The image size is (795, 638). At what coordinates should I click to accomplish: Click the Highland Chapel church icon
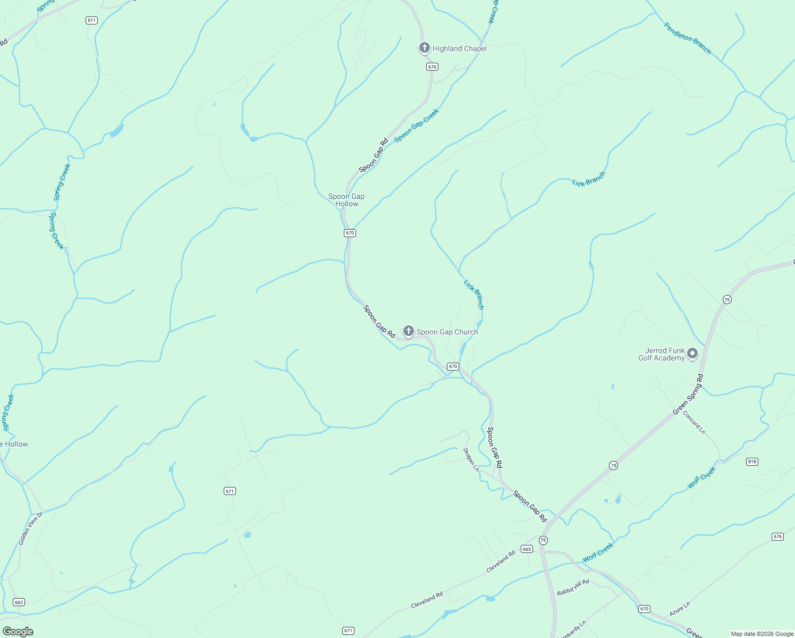[x=424, y=48]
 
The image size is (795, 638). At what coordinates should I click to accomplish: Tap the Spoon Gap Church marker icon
[x=408, y=331]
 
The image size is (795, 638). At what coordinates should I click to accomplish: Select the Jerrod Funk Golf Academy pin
[x=692, y=354]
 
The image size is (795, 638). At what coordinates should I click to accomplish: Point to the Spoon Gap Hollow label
[x=346, y=200]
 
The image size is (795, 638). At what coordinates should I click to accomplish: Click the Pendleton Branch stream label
[x=687, y=38]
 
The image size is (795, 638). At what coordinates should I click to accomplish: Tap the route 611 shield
[x=91, y=20]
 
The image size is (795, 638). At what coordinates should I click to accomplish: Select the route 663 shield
[x=19, y=602]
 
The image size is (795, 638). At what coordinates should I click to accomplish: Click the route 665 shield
[x=527, y=549]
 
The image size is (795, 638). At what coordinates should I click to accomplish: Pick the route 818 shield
[x=752, y=461]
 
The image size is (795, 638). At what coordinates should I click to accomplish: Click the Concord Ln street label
[x=694, y=423]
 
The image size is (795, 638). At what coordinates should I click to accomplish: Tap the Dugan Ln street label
[x=471, y=460]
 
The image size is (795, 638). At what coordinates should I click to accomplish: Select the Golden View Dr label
[x=30, y=528]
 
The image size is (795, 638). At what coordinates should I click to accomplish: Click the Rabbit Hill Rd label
[x=573, y=587]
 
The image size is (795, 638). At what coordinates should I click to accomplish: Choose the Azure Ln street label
[x=680, y=609]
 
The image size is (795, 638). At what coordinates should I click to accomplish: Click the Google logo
[x=18, y=632]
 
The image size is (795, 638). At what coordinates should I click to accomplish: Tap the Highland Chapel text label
[x=459, y=48]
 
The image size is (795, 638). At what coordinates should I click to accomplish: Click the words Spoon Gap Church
[x=447, y=332]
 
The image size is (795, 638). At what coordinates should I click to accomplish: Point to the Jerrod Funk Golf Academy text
[x=662, y=354]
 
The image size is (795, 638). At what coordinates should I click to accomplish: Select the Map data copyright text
[x=762, y=634]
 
